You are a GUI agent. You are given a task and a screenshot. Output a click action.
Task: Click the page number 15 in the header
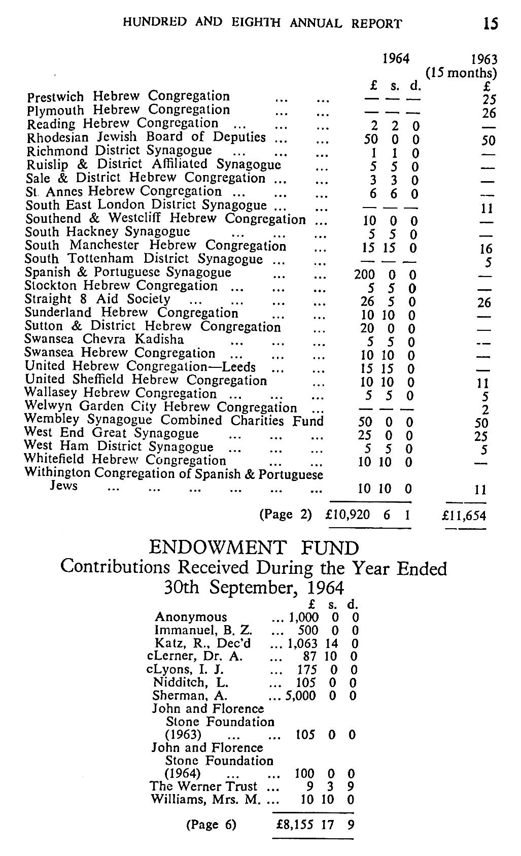coord(490,23)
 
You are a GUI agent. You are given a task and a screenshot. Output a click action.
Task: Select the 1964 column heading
coord(396,58)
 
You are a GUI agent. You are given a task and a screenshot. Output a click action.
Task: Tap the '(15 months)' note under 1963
coord(461,73)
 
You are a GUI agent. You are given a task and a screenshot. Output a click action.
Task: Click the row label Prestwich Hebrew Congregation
coord(128,96)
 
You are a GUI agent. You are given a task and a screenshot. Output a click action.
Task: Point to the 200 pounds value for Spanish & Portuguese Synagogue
coord(364,275)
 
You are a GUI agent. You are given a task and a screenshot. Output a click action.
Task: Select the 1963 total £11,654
coord(464,516)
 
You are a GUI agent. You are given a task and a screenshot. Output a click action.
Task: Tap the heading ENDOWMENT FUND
coord(254,548)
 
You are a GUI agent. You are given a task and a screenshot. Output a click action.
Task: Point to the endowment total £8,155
coord(295,825)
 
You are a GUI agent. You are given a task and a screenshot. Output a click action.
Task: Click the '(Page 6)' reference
coord(212,825)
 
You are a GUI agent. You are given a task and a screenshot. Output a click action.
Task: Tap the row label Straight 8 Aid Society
coord(97,299)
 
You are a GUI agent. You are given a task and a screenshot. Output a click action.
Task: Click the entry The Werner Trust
coord(203,786)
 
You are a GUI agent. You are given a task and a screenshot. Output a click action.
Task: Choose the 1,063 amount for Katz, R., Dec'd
coord(303,643)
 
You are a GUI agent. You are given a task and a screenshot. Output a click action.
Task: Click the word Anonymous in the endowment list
coord(191,617)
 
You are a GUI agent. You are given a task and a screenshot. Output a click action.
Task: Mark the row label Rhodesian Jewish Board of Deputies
coord(146,137)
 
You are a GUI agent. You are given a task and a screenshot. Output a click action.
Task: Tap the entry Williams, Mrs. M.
coord(205,800)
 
